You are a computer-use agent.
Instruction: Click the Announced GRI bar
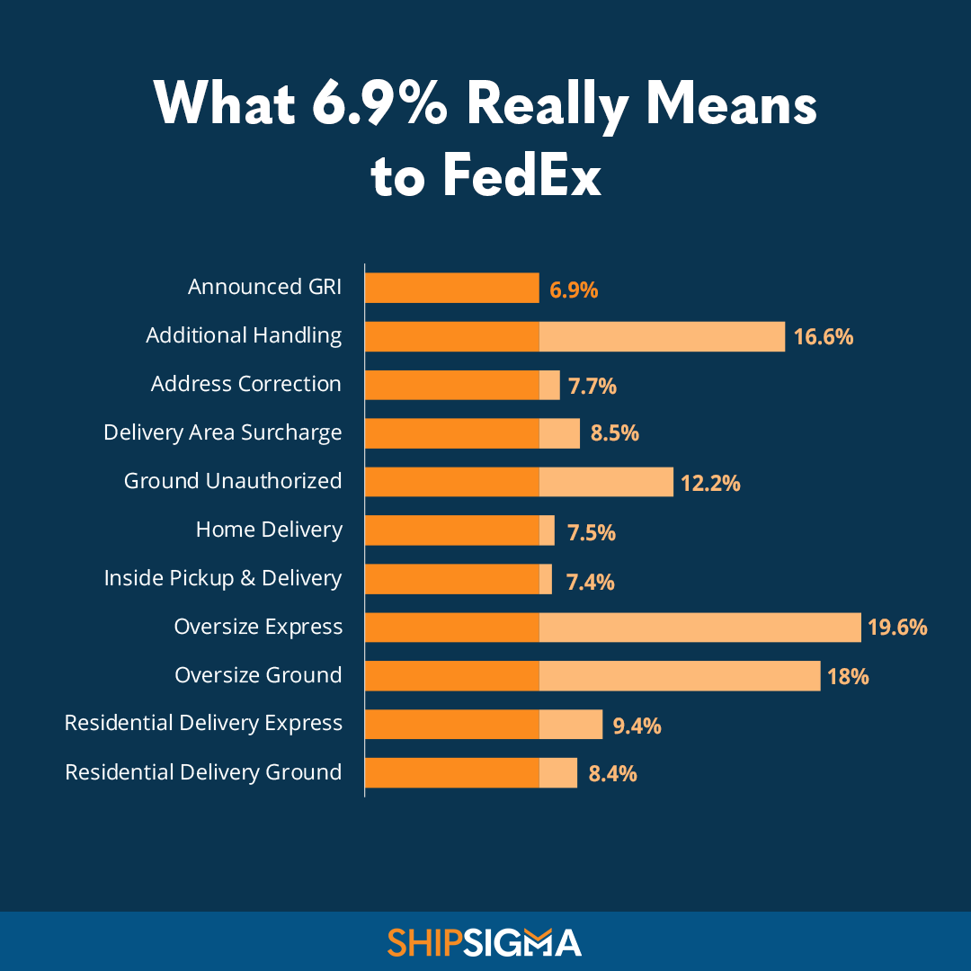coord(451,288)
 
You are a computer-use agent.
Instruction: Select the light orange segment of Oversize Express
coord(699,628)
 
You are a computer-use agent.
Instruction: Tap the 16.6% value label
coord(823,337)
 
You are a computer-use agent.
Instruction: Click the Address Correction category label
coord(245,384)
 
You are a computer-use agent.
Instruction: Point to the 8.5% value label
coord(614,433)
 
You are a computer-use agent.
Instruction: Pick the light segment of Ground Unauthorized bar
coord(606,482)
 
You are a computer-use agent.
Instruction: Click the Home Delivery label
coord(269,530)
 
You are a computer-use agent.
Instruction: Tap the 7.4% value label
coord(590,582)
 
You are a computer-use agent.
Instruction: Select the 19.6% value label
coord(896,628)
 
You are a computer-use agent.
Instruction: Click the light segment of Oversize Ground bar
coord(680,676)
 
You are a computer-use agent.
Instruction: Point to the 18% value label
coord(848,676)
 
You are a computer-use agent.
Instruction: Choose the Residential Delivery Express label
coord(203,723)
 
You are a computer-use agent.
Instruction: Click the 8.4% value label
coord(612,772)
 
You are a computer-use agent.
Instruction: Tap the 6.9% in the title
coord(379,105)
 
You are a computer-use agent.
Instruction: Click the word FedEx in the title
coord(521,177)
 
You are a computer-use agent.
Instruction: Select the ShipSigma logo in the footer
coord(485,942)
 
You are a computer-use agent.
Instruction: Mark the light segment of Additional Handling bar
coord(662,336)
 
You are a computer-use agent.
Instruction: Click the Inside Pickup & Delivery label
coord(222,578)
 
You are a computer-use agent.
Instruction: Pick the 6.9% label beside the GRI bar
coord(574,290)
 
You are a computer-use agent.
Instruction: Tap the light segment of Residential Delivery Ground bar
coord(558,772)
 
